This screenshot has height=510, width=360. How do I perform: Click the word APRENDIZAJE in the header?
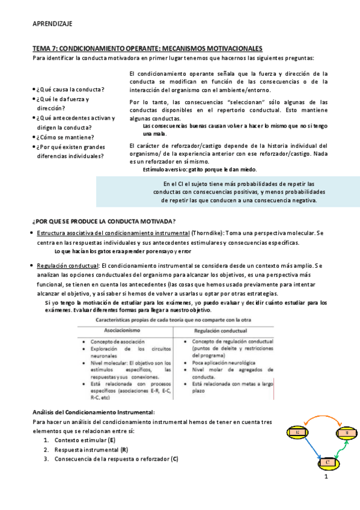(52, 23)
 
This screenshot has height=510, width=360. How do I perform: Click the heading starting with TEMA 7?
(147, 48)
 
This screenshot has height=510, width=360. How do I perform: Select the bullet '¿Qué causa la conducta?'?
(70, 89)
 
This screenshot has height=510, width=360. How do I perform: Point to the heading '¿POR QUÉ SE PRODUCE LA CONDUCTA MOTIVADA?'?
(103, 221)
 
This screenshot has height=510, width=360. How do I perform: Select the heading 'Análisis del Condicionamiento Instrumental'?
(93, 412)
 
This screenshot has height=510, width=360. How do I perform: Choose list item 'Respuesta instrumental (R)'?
(91, 450)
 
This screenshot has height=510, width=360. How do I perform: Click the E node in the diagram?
(297, 433)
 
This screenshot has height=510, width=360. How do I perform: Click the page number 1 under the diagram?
(325, 477)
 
